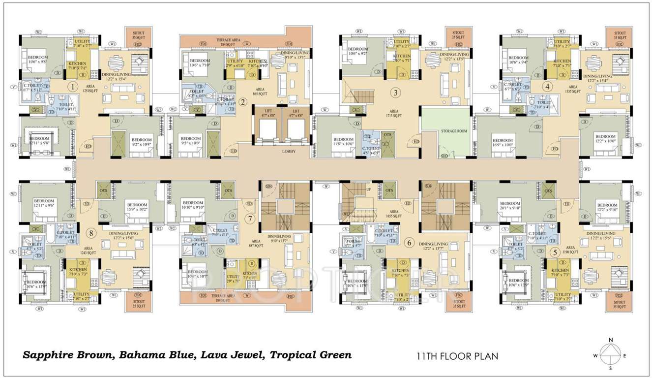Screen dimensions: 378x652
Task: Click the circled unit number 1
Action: pos(73,88)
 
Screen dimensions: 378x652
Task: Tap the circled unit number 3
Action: pos(395,92)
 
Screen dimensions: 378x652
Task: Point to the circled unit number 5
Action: pos(555,252)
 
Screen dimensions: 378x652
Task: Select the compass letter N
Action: pos(610,340)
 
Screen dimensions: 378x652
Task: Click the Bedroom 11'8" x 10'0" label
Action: pos(342,142)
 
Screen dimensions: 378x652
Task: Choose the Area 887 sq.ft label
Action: pos(249,244)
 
